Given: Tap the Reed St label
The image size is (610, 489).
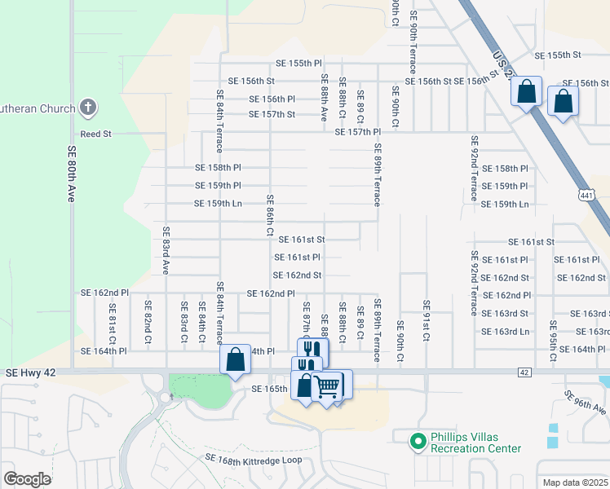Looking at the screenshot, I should [95, 134].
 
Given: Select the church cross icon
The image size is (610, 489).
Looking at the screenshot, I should [89, 108].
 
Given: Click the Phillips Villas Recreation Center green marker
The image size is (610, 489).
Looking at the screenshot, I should [418, 442].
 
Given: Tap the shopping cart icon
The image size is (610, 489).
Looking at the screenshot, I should [327, 386].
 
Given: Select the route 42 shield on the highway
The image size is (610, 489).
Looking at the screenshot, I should [524, 372].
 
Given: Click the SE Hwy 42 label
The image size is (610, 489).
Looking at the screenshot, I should [31, 372].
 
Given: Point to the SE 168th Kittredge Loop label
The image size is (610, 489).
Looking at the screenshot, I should [254, 461].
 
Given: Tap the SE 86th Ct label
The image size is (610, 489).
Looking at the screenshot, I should [270, 216].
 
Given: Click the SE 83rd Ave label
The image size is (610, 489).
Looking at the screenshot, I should [165, 249].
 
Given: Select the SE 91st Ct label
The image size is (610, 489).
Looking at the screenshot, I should [426, 320].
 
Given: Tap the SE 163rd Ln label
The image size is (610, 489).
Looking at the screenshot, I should [506, 332].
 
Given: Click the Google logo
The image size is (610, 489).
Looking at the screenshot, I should [26, 479].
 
